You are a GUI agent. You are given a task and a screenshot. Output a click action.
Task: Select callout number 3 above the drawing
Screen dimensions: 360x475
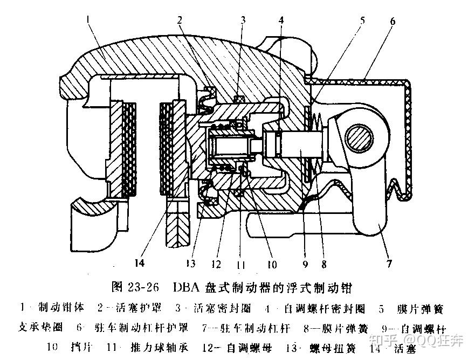[x=243, y=20]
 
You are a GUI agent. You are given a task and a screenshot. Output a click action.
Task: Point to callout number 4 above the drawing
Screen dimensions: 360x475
[x=281, y=20]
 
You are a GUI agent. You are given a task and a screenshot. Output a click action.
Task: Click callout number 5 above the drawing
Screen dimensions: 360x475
[x=362, y=20]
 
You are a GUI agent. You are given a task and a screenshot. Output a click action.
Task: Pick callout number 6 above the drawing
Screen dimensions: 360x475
[x=392, y=21]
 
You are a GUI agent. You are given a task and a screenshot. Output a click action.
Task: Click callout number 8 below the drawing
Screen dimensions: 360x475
[x=323, y=264]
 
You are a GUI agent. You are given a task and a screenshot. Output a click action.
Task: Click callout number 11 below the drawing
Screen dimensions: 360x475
[x=242, y=265]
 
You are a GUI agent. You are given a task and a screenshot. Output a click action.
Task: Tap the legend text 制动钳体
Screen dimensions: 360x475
[x=61, y=308]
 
